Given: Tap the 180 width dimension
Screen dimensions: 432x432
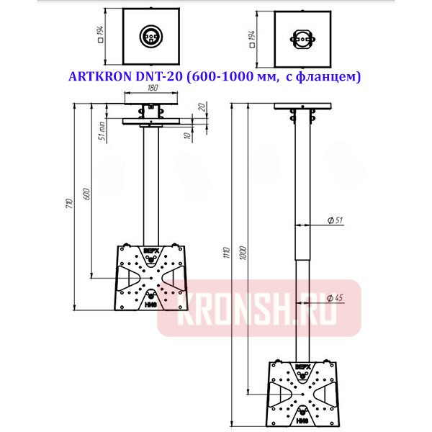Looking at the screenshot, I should coord(152,89).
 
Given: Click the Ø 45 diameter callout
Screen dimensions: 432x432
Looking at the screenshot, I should coord(333,297).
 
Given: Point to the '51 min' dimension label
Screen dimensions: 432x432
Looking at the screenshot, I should coord(102,132).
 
